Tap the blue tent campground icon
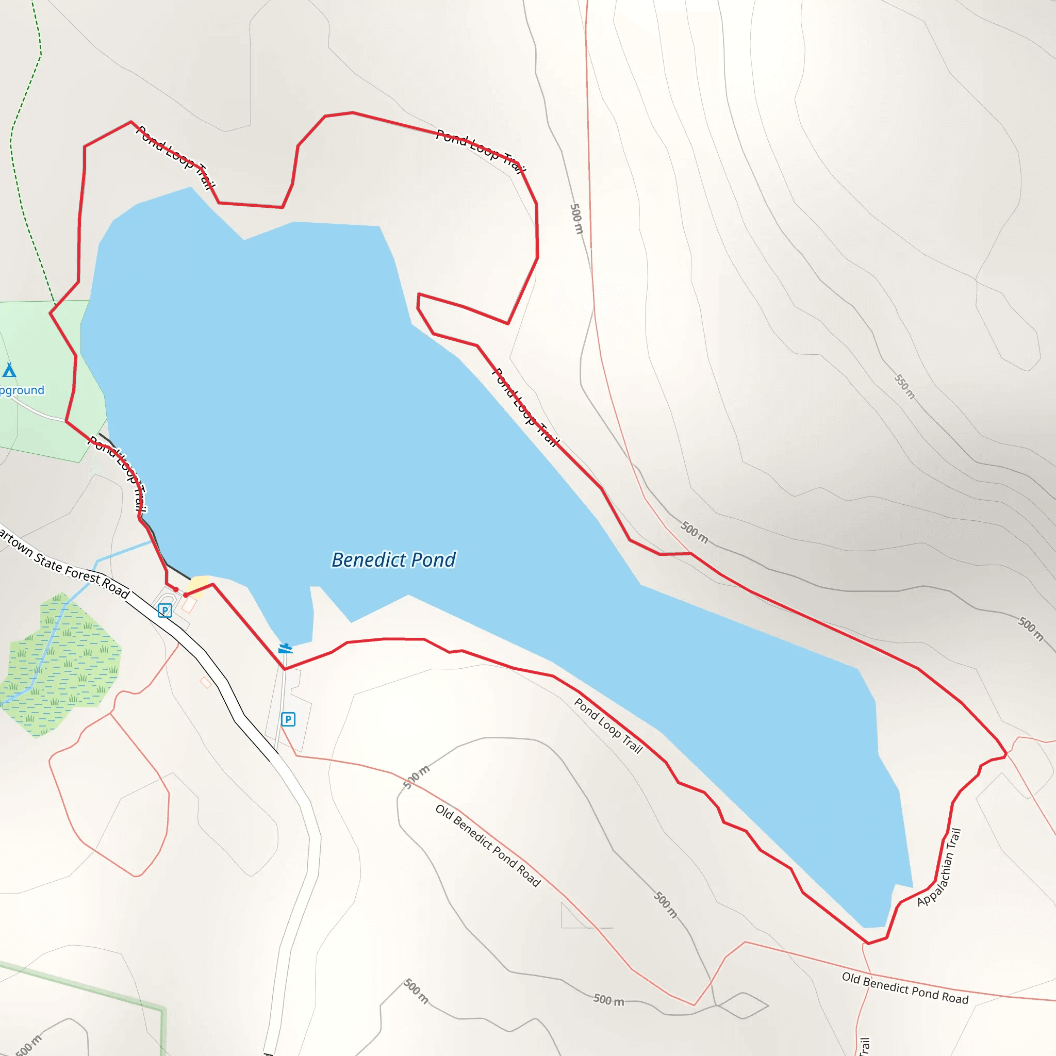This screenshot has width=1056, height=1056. (9, 371)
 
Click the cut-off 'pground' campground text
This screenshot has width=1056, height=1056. (22, 390)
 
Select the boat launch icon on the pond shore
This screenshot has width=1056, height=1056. (285, 649)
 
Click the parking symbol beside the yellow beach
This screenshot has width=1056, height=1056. (164, 610)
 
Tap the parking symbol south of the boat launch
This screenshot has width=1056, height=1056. (288, 719)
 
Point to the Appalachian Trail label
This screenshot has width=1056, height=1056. (939, 867)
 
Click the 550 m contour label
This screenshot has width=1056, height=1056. (904, 386)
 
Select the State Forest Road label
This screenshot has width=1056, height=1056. (63, 563)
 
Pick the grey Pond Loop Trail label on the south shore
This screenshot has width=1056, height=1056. (608, 726)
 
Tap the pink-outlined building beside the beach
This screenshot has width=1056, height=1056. (189, 605)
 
